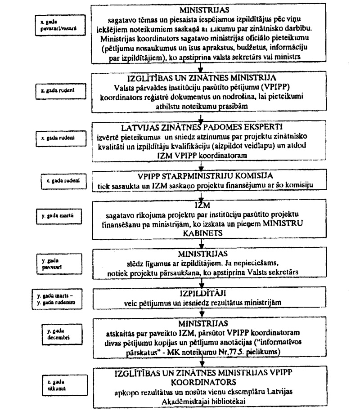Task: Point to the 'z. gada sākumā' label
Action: (x=56, y=383)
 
